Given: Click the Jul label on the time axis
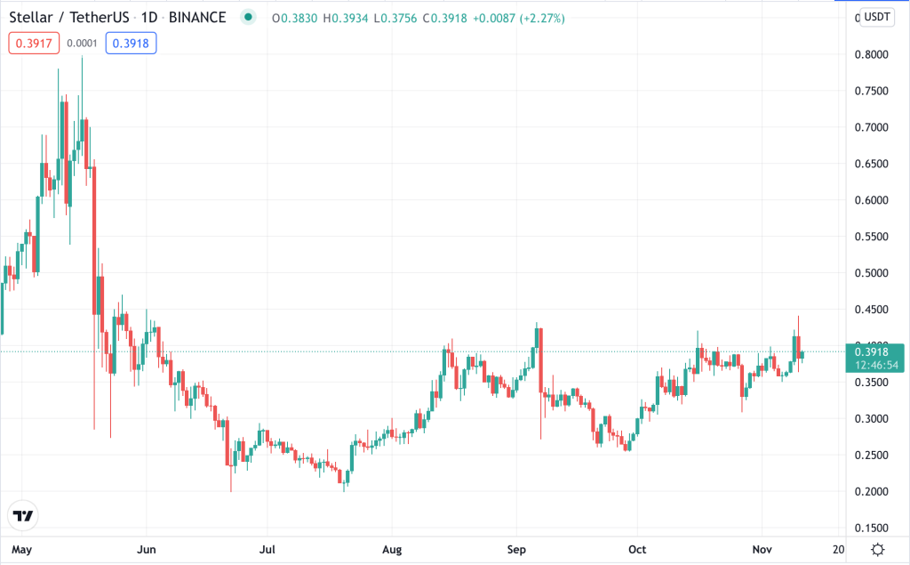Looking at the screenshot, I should pos(266,549).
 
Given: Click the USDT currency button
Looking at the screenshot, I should pos(877,16).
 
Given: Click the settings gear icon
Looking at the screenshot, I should pos(878,548).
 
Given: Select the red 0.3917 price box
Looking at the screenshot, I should pos(34,42).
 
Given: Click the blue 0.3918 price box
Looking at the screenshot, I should pos(131,42).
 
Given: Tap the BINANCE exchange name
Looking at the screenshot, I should pos(201,18).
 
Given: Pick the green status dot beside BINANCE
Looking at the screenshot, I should pos(248,18).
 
